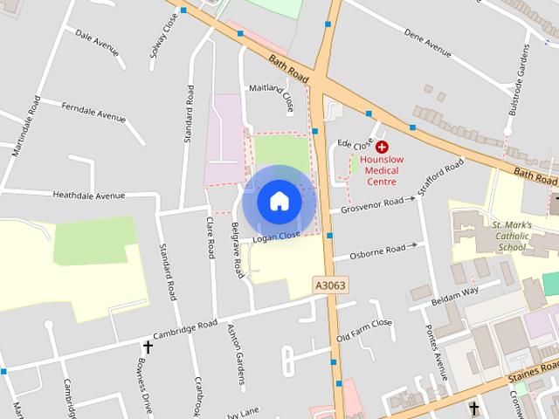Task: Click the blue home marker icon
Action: pos(279,201)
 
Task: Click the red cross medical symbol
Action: pos(382,148)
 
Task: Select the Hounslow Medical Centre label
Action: pos(382,170)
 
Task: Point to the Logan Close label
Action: pos(276,236)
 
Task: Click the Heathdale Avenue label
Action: pos(89,195)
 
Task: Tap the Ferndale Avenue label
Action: pos(93,111)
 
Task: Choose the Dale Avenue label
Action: pos(96,42)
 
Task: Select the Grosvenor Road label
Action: pos(372,205)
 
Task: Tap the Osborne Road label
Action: pos(377,251)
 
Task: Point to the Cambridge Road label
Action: pos(184,328)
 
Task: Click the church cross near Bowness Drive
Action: pos(148,348)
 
